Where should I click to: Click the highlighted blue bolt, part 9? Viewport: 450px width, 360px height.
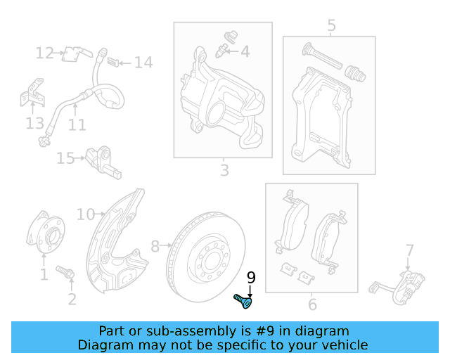tap(243, 302)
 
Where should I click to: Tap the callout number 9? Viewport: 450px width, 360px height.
tap(251, 278)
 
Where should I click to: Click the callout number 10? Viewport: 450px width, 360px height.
tap(85, 214)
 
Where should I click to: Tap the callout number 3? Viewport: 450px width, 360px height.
tap(224, 170)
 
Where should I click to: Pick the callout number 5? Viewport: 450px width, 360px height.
tap(332, 26)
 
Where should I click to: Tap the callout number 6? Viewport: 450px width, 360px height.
tap(312, 304)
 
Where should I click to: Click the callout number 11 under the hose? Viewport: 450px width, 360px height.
tap(77, 125)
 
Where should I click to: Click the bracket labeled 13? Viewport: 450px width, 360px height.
tap(31, 94)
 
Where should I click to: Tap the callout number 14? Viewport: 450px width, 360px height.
tap(143, 63)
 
